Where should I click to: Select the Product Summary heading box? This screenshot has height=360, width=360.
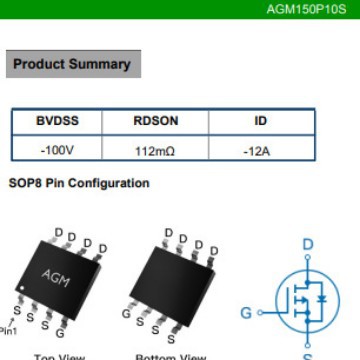click(72, 64)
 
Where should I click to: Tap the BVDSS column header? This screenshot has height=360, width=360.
click(57, 121)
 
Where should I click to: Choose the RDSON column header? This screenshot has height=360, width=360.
click(155, 121)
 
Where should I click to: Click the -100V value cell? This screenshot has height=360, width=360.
click(57, 149)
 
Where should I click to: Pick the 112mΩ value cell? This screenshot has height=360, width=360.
click(155, 149)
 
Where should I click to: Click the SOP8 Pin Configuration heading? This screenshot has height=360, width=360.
click(79, 184)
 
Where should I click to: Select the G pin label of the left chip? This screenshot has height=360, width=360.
click(61, 332)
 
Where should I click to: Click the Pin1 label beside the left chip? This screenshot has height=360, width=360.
click(8, 329)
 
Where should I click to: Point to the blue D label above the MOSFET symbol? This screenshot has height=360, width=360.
click(307, 244)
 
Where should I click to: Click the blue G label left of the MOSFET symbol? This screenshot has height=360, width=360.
click(246, 312)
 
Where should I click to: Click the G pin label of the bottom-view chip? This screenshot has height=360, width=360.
click(126, 312)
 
